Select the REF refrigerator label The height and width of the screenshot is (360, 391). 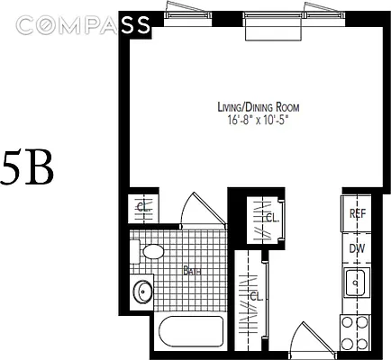(x=357, y=214)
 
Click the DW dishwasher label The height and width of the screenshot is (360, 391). (x=357, y=249)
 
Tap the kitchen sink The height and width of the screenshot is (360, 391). (x=357, y=283)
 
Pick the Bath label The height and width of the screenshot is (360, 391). (x=192, y=269)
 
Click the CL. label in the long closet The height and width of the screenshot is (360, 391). (x=255, y=296)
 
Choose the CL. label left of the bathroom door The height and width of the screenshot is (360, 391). (x=141, y=207)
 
